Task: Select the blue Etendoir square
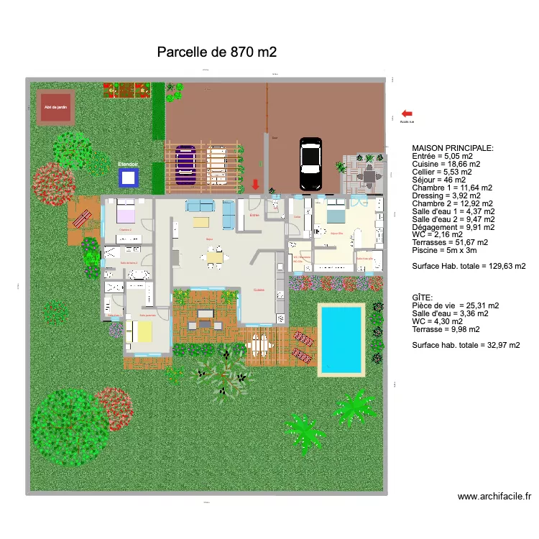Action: tap(128, 178)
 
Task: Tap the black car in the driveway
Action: tap(310, 164)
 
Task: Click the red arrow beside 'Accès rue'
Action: tap(407, 114)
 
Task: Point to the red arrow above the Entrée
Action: tap(255, 185)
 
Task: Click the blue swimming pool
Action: tap(341, 337)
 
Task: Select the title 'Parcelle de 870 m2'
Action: tap(216, 52)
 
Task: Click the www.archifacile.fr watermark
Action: tap(494, 496)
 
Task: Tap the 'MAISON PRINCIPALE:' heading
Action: tap(453, 148)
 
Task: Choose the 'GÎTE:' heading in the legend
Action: tap(423, 298)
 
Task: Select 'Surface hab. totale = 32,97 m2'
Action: tap(466, 345)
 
